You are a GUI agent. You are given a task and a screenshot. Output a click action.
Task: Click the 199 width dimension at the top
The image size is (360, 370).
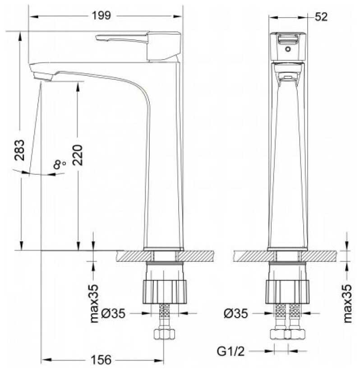[x=101, y=16]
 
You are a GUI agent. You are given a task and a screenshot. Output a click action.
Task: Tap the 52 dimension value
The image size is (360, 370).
[x=321, y=17]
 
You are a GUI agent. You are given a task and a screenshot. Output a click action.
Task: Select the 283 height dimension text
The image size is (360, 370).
[x=19, y=150]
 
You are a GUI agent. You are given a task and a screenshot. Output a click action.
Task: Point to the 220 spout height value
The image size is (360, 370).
[x=78, y=155]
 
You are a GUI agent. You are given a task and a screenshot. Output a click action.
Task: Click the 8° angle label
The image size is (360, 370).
[x=59, y=164]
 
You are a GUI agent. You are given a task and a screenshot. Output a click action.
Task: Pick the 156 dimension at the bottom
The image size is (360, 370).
[x=101, y=360]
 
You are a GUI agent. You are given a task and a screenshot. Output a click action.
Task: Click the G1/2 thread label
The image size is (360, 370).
[x=231, y=351]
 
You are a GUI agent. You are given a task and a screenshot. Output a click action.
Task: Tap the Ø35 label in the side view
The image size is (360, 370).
[x=113, y=314]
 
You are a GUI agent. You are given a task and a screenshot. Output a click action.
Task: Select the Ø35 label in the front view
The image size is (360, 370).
[x=236, y=314]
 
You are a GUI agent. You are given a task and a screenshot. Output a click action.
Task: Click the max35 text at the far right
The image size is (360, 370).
[x=347, y=304]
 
